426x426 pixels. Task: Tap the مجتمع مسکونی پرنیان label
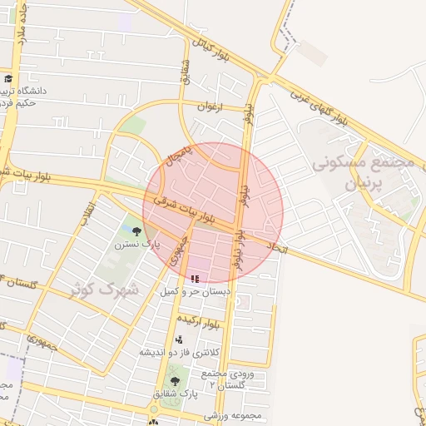pyautogui.click(x=363, y=173)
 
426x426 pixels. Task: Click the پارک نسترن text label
pyautogui.click(x=136, y=245)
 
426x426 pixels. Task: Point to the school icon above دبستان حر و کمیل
pyautogui.click(x=195, y=279)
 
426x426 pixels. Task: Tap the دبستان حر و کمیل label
pyautogui.click(x=195, y=293)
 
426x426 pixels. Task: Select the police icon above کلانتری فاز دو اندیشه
pyautogui.click(x=180, y=339)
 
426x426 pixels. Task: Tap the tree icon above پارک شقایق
pyautogui.click(x=175, y=382)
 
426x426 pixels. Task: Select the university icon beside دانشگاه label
pyautogui.click(x=7, y=79)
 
